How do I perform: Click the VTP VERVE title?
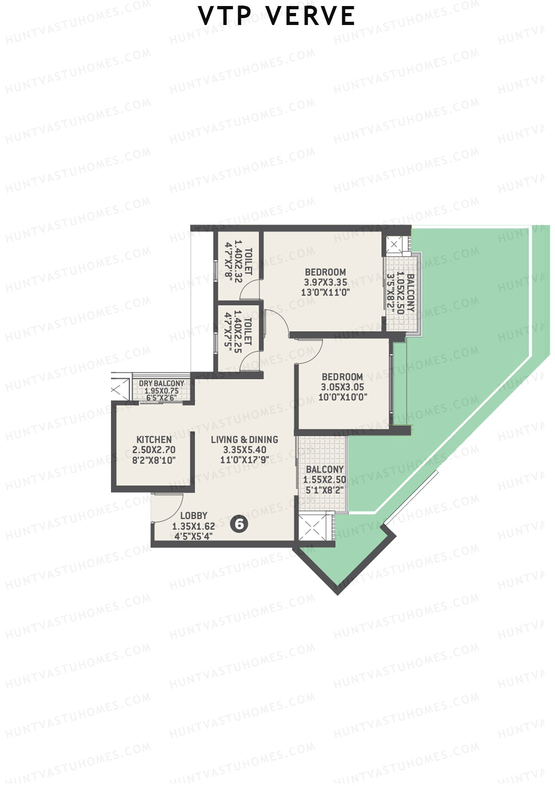[277, 16]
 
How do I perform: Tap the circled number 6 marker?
[239, 524]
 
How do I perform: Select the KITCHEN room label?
[154, 439]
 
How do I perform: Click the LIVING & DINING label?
[244, 439]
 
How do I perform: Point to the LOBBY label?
[193, 516]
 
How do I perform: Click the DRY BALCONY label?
[161, 384]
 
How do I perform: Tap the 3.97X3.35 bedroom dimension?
[325, 282]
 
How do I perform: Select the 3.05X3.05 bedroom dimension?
[342, 387]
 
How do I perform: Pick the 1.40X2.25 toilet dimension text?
[238, 332]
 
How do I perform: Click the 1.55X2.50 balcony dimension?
[325, 480]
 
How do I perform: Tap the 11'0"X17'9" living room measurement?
[244, 460]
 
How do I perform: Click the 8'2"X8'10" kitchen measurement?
[154, 460]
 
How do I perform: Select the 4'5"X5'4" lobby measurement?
[193, 537]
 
